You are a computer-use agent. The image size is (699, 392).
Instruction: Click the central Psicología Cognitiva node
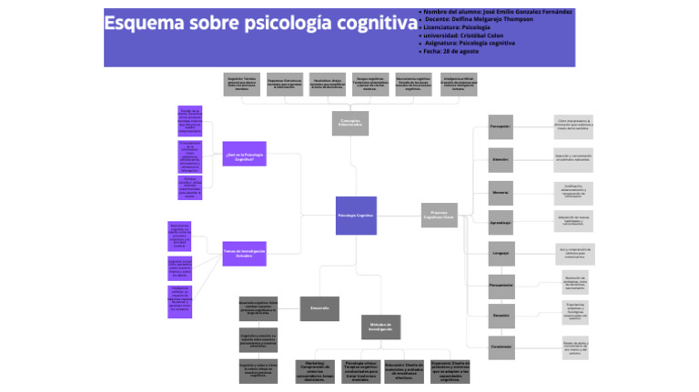pyautogui.click(x=356, y=216)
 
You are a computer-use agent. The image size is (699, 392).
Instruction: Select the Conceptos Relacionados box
pyautogui.click(x=350, y=123)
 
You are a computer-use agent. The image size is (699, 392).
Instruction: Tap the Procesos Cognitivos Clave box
pyautogui.click(x=440, y=216)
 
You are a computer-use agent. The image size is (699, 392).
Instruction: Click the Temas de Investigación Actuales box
pyautogui.click(x=244, y=253)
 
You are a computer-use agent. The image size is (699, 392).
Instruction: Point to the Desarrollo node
pyautogui.click(x=319, y=308)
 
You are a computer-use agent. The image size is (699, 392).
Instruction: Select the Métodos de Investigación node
pyautogui.click(x=380, y=327)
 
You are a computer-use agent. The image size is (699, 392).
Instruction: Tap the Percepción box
pyautogui.click(x=501, y=126)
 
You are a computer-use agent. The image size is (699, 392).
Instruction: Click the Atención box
pyautogui.click(x=501, y=159)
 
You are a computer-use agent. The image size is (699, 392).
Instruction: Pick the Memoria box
pyautogui.click(x=501, y=193)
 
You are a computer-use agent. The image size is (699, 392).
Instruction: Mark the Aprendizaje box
pyautogui.click(x=501, y=223)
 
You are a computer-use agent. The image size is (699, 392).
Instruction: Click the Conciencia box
pyautogui.click(x=501, y=346)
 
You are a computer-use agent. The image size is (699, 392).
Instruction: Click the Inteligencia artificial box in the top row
pyautogui.click(x=459, y=85)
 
